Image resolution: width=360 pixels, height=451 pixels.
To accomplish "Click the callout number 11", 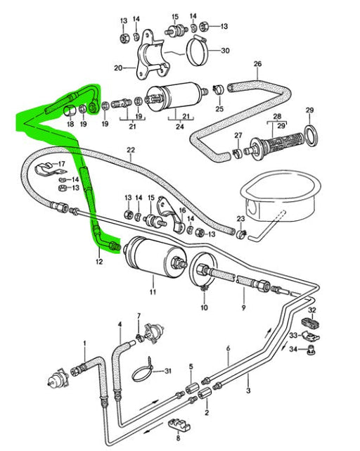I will pos(151,291).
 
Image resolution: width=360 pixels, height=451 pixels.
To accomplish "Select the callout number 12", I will pos(98,262).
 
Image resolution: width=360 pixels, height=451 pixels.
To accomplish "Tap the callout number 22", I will pos(130,149).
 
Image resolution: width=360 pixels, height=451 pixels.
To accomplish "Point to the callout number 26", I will pos(257,65).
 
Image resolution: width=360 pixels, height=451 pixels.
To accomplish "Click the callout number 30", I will pos(225,51).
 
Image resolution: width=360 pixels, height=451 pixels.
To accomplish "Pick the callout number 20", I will pos(118,68).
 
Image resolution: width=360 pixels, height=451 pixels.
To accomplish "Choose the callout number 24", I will pos(180,128).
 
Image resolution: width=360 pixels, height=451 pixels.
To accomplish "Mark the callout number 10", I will pos(204,308).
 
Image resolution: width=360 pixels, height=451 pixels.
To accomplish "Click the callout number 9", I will pos(243,307).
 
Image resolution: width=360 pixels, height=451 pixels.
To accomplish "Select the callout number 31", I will pos(168,371).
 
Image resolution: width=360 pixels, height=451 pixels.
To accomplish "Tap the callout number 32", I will pos(312,310).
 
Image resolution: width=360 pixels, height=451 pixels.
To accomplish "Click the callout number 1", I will pos(85,344).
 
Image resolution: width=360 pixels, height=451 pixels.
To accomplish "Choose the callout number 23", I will pos(241,219).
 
